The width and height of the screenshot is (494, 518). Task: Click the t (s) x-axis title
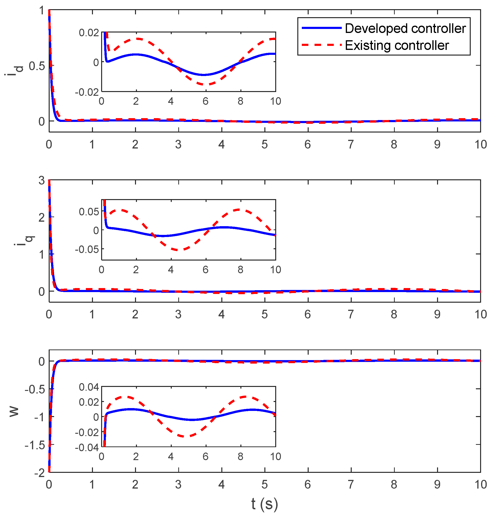(x=264, y=504)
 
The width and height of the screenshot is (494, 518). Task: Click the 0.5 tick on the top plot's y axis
(x=37, y=66)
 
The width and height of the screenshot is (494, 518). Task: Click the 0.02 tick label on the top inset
(x=89, y=33)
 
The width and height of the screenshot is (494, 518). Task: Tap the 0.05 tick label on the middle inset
(x=89, y=212)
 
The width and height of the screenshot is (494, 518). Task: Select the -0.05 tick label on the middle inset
(x=87, y=249)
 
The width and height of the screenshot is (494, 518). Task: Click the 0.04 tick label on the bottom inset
(x=89, y=387)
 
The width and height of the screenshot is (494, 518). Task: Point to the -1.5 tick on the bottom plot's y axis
(x=35, y=445)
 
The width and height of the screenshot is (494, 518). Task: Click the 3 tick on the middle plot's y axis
(x=42, y=181)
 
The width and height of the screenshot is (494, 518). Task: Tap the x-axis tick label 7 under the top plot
(x=351, y=145)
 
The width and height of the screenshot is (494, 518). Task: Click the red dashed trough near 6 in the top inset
(x=206, y=84)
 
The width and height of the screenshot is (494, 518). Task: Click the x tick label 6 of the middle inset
(x=205, y=269)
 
